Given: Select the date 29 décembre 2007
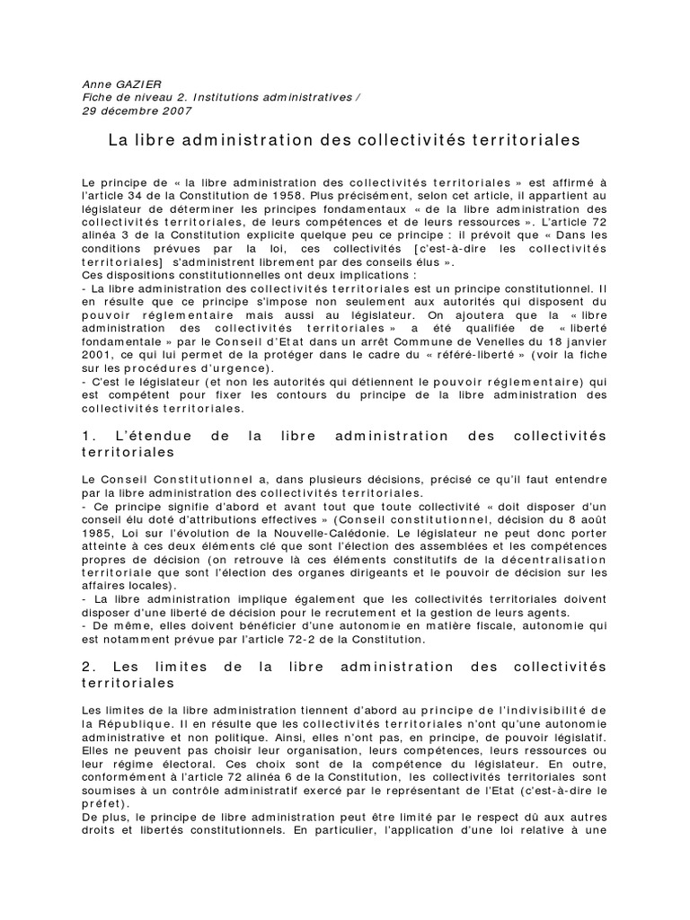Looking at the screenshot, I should click(x=137, y=111).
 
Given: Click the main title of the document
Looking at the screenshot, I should click(x=345, y=140).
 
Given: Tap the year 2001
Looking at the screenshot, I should click(x=97, y=356).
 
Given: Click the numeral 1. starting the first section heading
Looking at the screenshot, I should click(x=88, y=436).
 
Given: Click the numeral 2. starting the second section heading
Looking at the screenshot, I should click(x=88, y=667).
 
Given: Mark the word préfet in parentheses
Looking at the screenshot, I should click(x=102, y=803).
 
